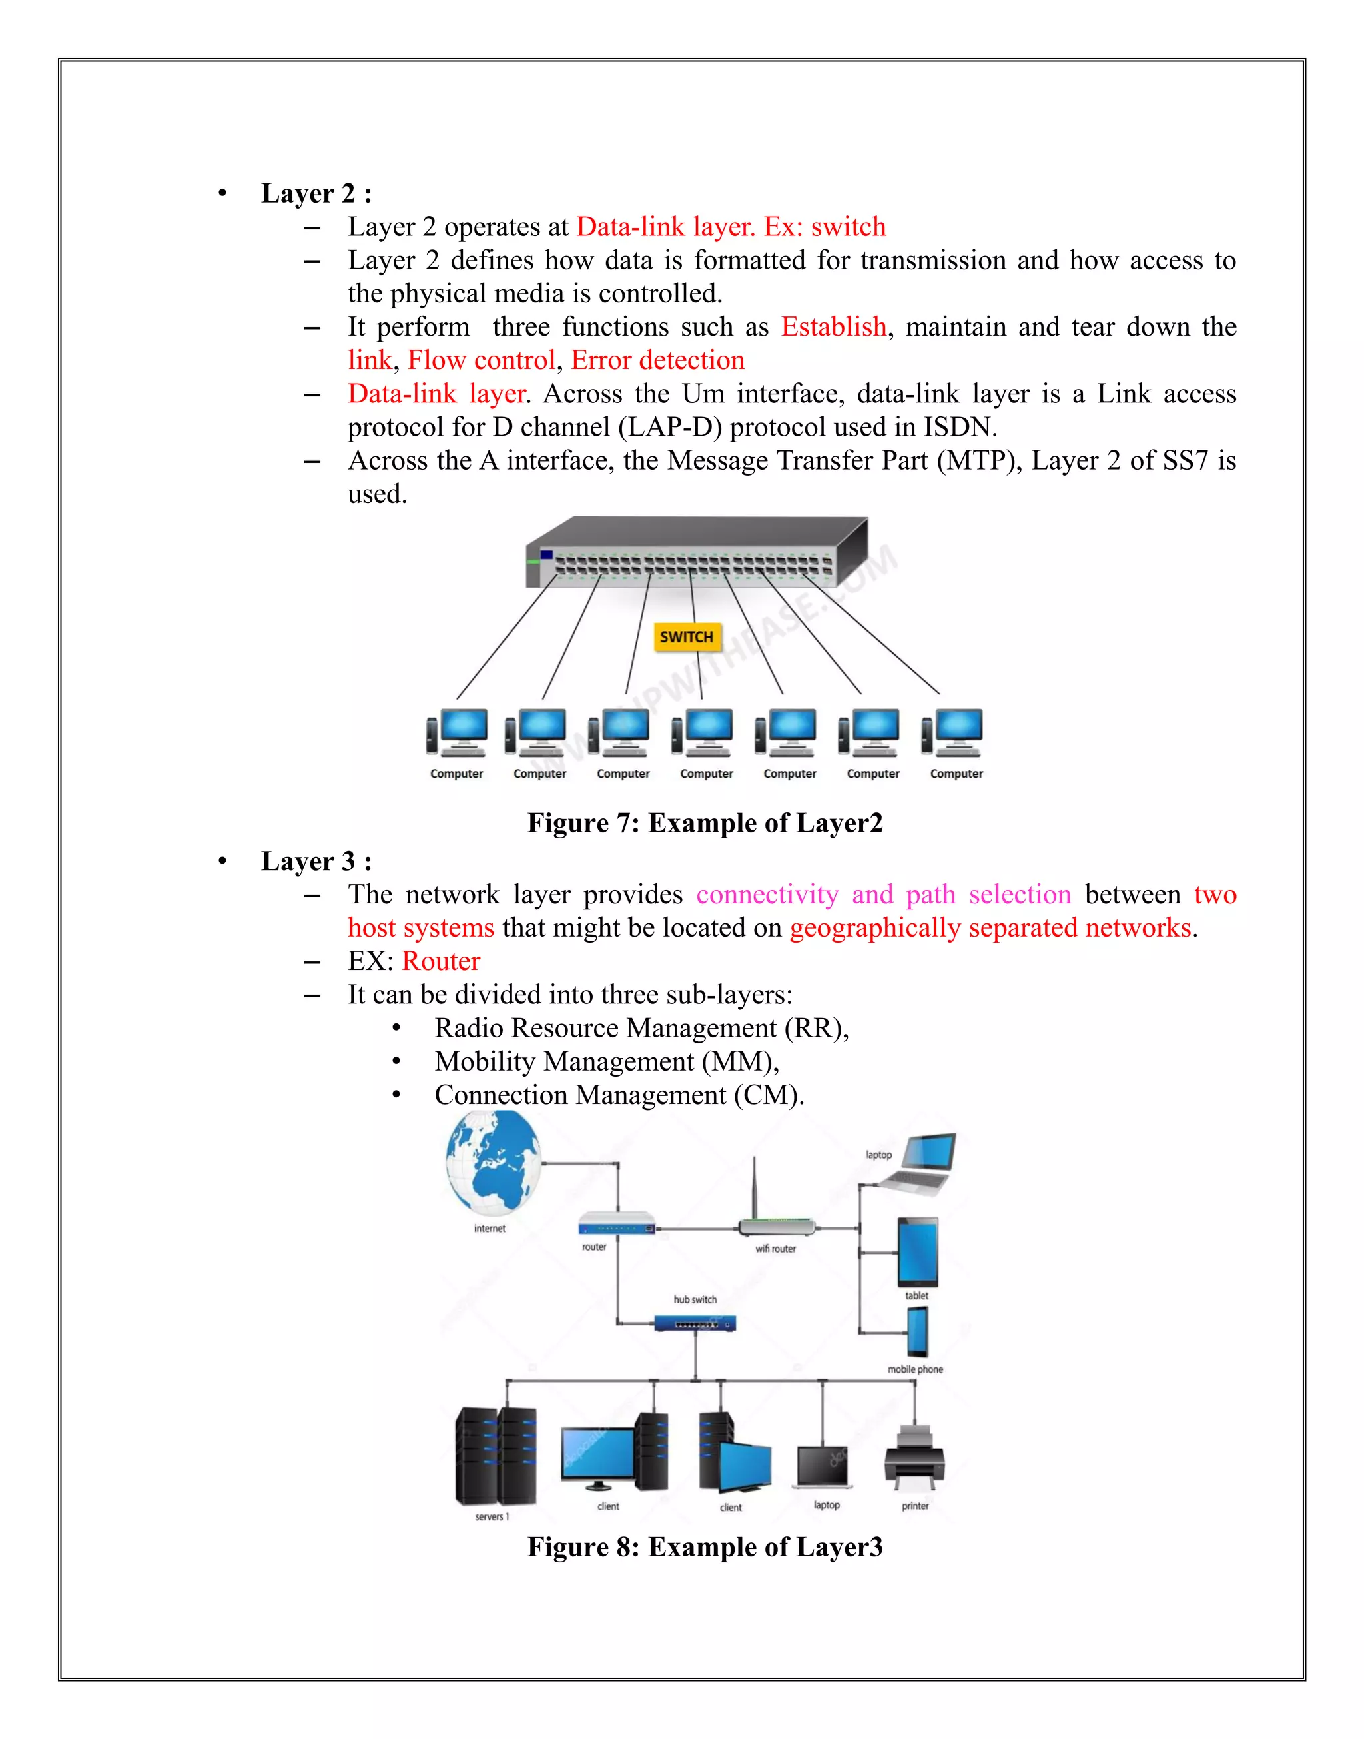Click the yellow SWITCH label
point(686,637)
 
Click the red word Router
point(441,961)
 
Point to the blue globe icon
point(494,1163)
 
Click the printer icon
point(914,1458)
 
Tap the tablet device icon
point(918,1252)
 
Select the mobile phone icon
point(918,1332)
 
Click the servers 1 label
point(492,1517)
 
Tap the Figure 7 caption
point(705,823)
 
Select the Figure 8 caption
point(705,1547)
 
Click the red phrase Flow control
point(482,360)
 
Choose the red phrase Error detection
point(657,360)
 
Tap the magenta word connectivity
point(767,895)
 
